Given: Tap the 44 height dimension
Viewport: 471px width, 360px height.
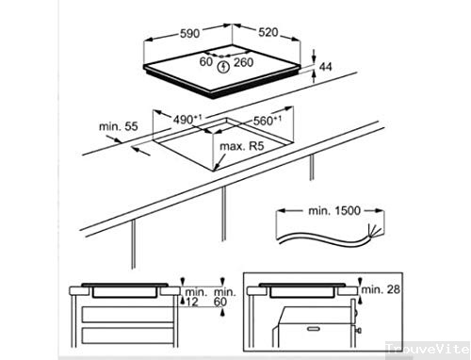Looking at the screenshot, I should click(327, 67).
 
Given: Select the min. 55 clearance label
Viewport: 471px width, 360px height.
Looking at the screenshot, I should click(118, 125).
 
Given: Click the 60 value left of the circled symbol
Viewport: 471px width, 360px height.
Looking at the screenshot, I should click(205, 63).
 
